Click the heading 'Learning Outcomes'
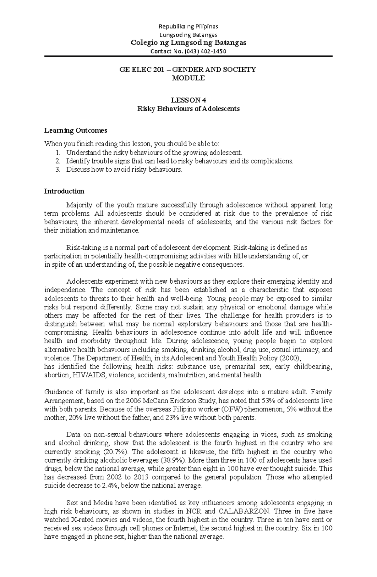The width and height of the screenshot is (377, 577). click(x=76, y=130)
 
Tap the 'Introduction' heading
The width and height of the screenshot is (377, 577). click(x=64, y=191)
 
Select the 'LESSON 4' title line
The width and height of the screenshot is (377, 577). click(x=188, y=100)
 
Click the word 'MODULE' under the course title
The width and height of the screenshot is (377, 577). click(x=188, y=78)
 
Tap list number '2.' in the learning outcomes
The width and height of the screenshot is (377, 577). click(x=57, y=161)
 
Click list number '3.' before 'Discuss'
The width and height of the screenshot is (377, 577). click(x=57, y=170)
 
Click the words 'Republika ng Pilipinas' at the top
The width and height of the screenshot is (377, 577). click(x=188, y=26)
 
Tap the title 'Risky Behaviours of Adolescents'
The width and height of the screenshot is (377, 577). click(x=188, y=109)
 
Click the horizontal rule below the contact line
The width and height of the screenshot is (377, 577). click(x=188, y=56)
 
